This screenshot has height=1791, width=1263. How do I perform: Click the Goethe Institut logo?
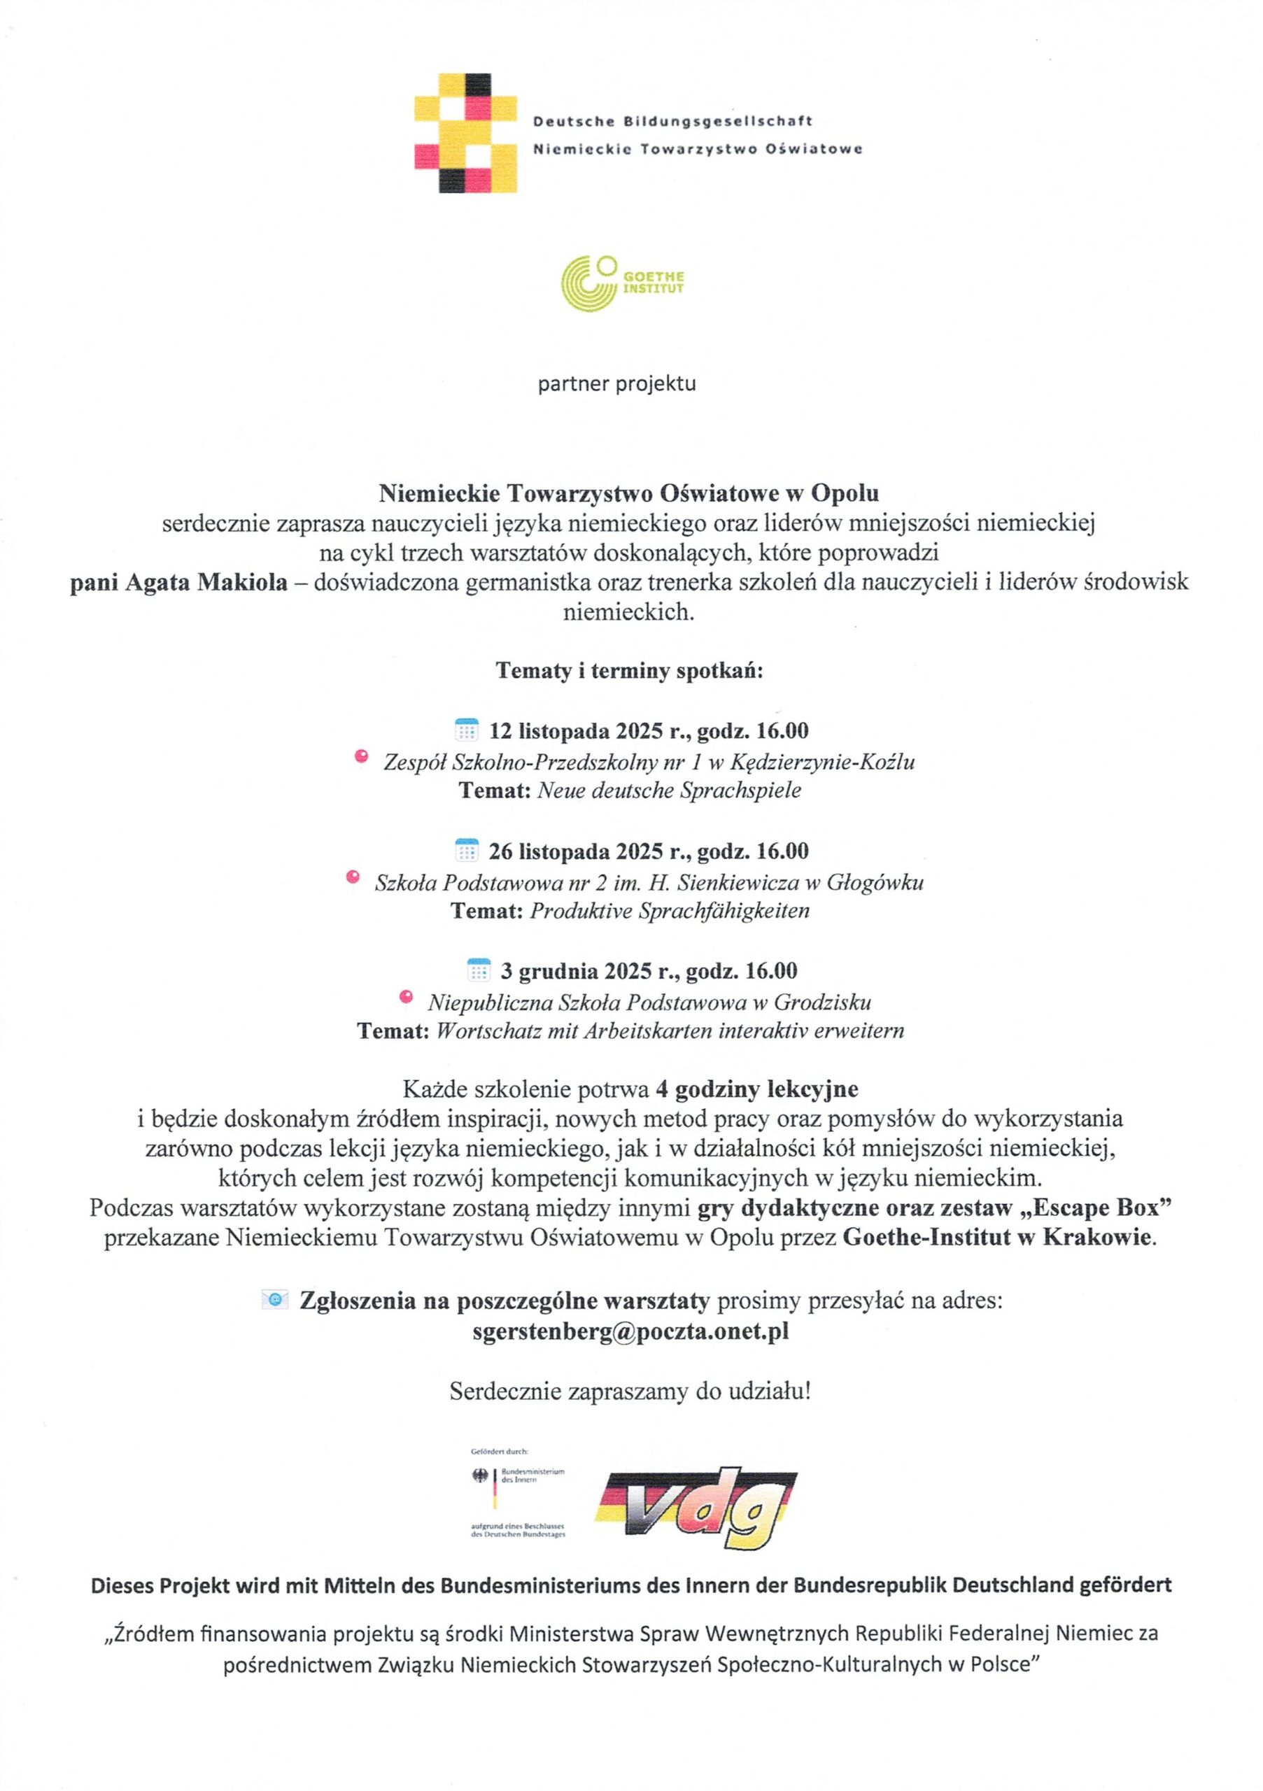tap(623, 283)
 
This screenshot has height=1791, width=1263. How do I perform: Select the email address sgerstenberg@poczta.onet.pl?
tap(630, 1330)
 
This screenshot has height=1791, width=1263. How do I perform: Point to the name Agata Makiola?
tap(178, 583)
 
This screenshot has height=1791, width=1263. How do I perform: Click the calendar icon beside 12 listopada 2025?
tap(466, 730)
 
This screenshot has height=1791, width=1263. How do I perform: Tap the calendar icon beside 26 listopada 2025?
tap(466, 849)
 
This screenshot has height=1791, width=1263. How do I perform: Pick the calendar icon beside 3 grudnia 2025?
tap(478, 970)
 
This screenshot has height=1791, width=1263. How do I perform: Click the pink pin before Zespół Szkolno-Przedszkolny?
tap(360, 755)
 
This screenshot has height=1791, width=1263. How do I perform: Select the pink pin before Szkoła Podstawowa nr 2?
tap(353, 876)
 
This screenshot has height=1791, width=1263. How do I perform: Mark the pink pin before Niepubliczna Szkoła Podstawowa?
tap(405, 996)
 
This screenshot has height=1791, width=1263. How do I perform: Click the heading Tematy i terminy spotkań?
tap(630, 672)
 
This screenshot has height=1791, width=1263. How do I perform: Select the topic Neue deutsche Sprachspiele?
tap(670, 790)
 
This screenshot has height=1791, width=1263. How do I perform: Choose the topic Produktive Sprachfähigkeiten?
tap(670, 910)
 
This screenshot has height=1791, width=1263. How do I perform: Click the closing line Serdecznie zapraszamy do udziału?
tap(630, 1391)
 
